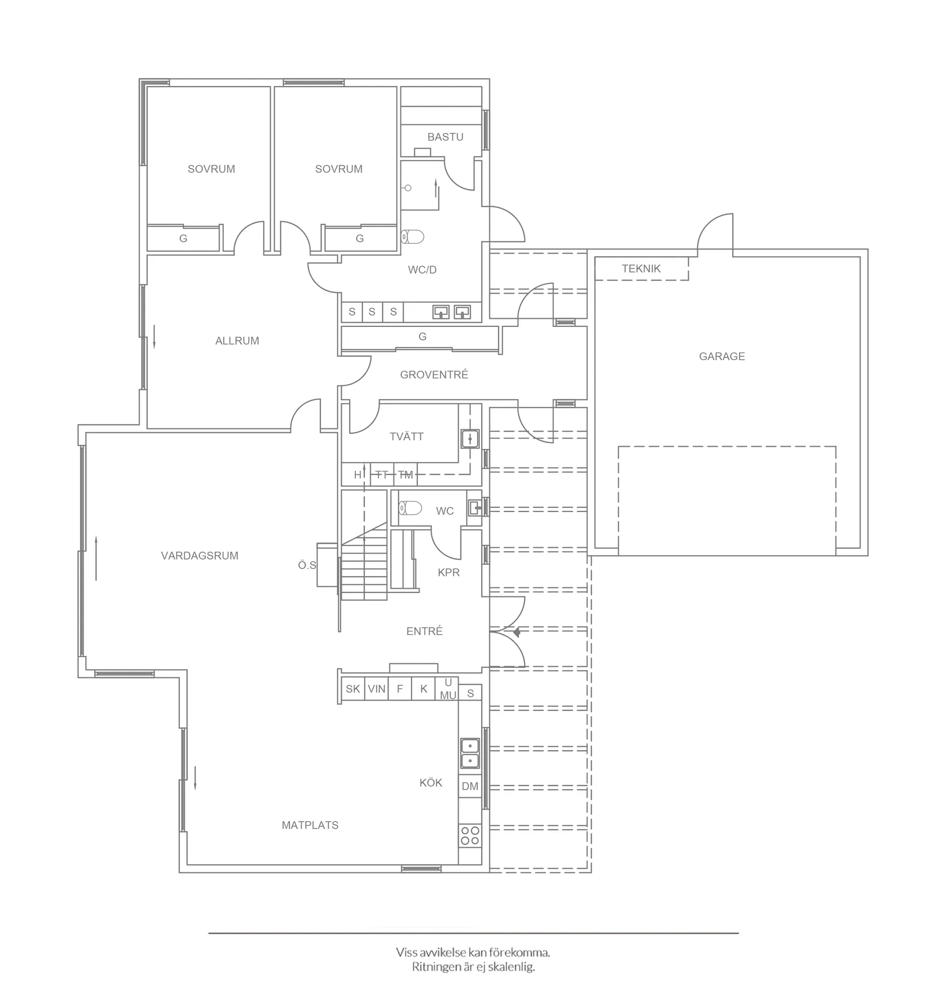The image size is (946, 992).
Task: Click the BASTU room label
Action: point(445,137)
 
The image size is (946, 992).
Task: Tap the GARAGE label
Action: point(721,356)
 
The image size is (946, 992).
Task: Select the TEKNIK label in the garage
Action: point(641,268)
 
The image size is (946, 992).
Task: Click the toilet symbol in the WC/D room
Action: point(413,236)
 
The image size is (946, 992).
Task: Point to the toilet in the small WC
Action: point(411,508)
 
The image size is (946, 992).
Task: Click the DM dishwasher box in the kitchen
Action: point(470,786)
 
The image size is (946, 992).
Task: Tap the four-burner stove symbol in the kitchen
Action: point(470,835)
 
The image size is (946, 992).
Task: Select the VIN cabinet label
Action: point(376,689)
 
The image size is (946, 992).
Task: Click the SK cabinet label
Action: point(353,689)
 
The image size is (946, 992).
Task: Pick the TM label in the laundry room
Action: point(405,475)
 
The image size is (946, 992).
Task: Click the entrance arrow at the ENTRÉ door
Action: point(516,632)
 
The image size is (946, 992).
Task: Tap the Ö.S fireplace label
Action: point(307,565)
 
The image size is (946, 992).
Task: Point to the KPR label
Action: point(448,572)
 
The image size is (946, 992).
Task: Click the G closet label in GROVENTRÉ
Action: point(423,337)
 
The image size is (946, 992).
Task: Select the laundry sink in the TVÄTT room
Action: point(470,439)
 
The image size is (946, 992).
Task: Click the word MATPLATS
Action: point(310,825)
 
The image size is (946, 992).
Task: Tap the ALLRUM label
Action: point(237,341)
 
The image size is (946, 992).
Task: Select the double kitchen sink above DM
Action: point(470,753)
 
